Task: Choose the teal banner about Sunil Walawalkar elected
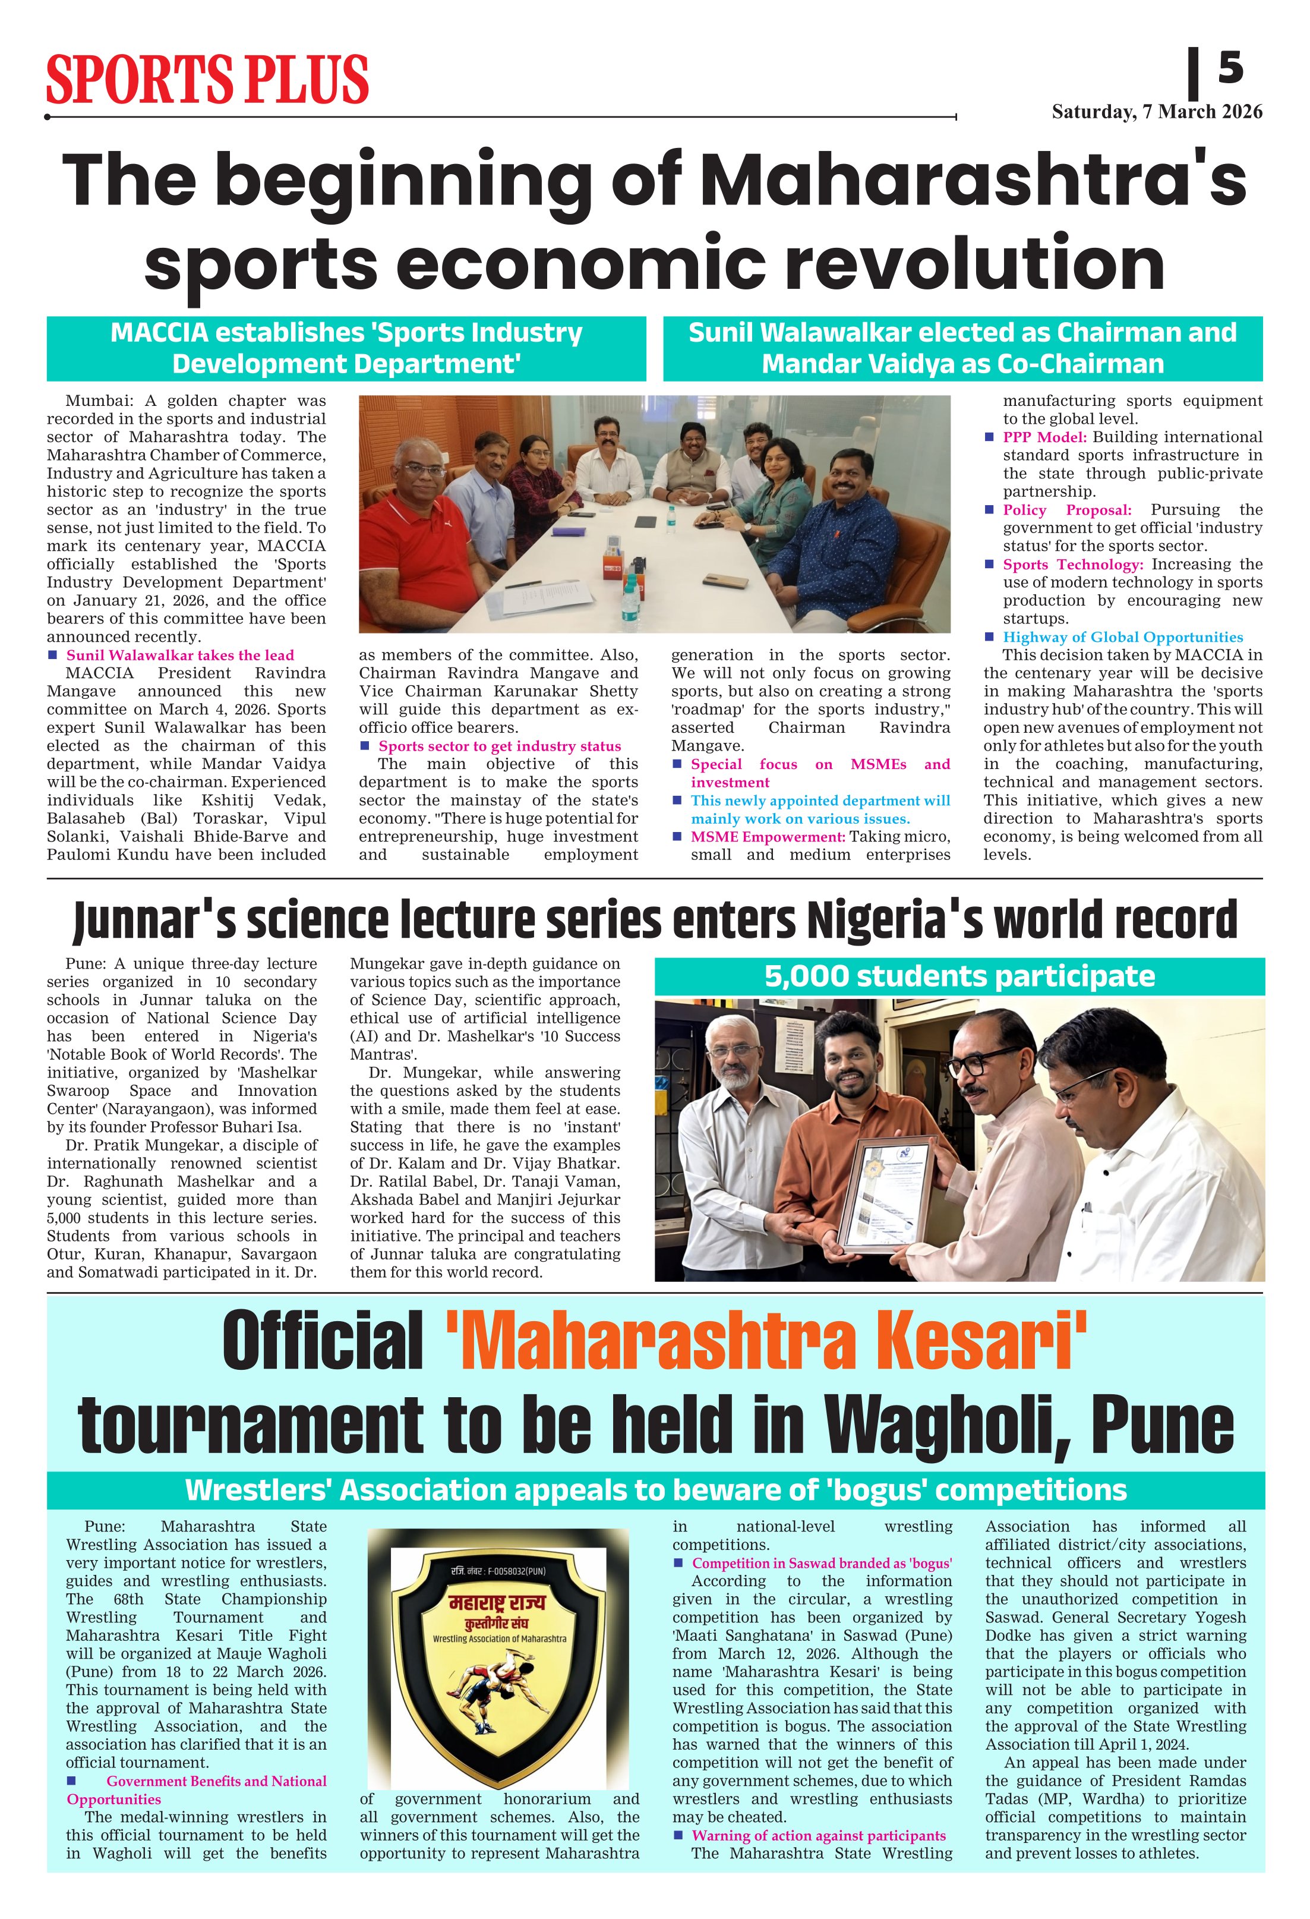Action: [x=962, y=348]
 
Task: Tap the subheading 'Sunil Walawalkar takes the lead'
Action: [x=180, y=655]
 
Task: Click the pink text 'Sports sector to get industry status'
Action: [x=500, y=746]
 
